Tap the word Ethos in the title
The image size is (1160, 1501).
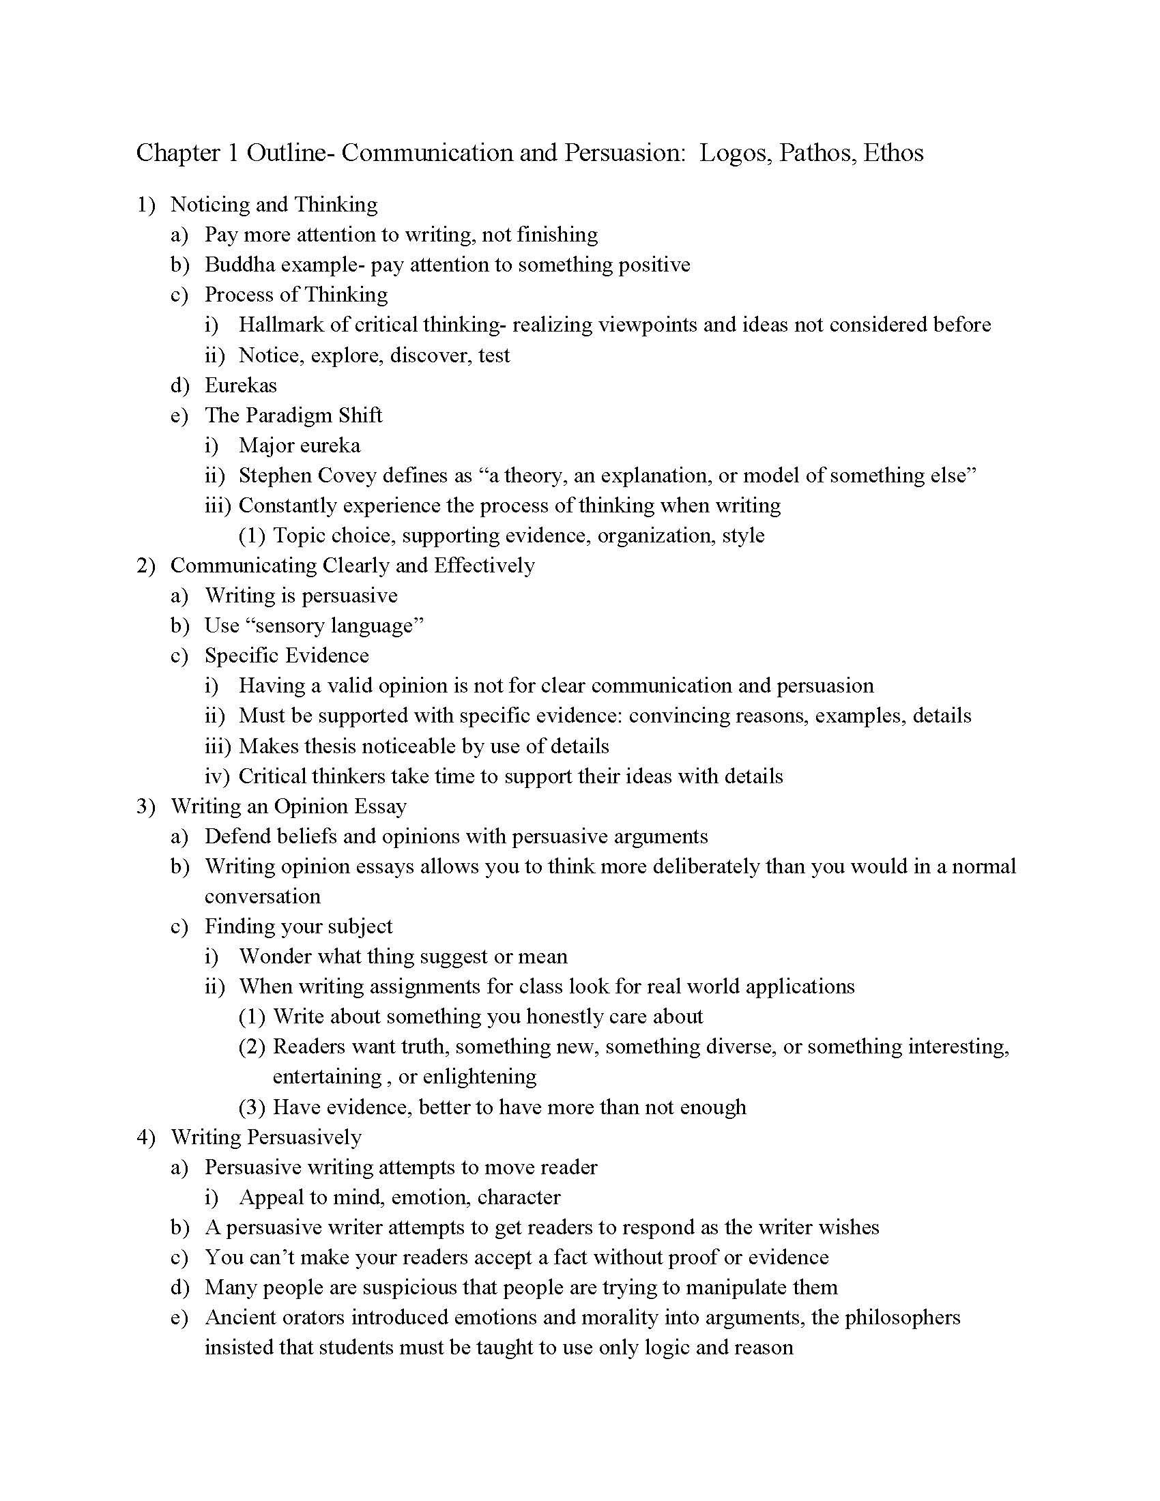pos(893,153)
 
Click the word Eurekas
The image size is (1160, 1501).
pos(240,385)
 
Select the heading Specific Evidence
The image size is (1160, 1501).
pos(287,656)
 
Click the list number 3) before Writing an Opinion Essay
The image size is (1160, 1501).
pos(146,806)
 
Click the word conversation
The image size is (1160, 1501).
pos(263,897)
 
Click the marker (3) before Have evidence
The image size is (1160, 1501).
pos(252,1107)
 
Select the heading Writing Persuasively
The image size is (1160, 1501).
pos(266,1137)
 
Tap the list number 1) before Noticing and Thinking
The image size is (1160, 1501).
pos(146,205)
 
